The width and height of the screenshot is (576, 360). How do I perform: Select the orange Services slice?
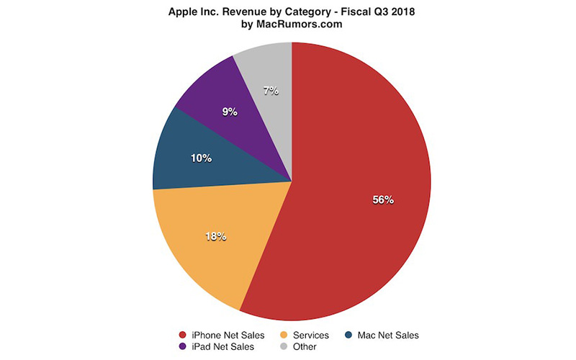pyautogui.click(x=209, y=245)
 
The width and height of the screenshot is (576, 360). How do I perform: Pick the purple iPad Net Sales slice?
pyautogui.click(x=216, y=101)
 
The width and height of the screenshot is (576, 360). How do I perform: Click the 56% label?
pyautogui.click(x=382, y=200)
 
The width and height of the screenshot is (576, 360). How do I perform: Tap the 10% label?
pyautogui.click(x=201, y=158)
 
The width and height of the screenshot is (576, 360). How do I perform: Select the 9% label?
pyautogui.click(x=230, y=112)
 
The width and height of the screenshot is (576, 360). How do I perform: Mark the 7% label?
pyautogui.click(x=271, y=91)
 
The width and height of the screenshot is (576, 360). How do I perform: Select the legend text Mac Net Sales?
pyautogui.click(x=387, y=335)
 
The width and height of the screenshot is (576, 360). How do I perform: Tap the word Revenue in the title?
pyautogui.click(x=235, y=12)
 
